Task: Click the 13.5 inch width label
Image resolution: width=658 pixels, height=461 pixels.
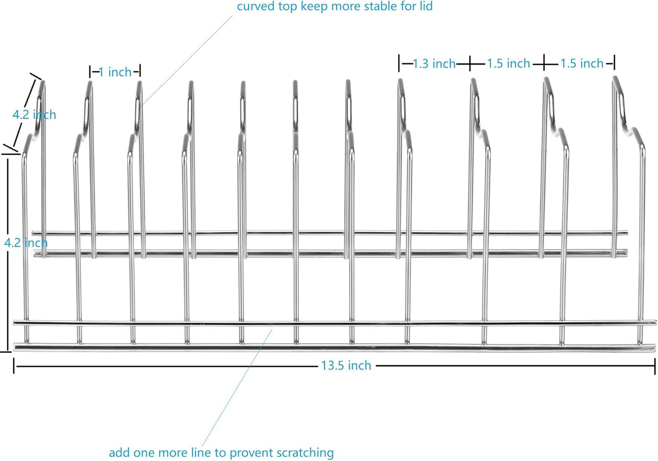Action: (346, 365)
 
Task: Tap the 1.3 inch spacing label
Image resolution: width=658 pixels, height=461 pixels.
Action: (434, 64)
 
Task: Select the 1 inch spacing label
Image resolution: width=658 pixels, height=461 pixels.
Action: (115, 72)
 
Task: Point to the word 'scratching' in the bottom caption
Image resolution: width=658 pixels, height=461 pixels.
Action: (305, 453)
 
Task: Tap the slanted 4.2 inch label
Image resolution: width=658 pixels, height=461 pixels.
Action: (34, 114)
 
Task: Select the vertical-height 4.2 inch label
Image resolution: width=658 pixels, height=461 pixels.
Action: (26, 242)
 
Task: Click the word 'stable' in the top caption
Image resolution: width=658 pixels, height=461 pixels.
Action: (377, 6)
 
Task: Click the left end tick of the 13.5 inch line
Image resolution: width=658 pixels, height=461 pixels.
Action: (14, 365)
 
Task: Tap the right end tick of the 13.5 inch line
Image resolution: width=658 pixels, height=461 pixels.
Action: (655, 365)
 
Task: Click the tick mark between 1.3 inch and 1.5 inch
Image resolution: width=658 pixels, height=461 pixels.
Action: (470, 64)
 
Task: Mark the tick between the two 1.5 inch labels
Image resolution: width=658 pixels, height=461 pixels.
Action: (545, 64)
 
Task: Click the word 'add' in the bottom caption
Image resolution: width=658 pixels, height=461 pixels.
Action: (119, 453)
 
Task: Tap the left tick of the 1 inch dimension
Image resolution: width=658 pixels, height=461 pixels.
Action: (90, 72)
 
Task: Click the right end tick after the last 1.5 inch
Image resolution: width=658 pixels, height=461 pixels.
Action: (614, 63)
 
